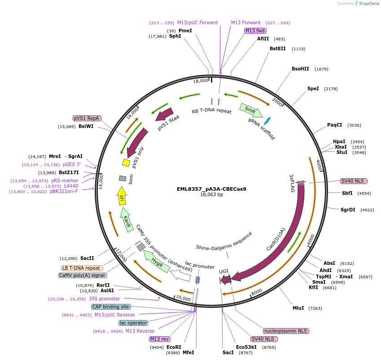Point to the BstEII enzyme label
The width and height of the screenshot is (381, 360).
point(277,48)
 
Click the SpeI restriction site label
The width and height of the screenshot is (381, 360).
point(313,88)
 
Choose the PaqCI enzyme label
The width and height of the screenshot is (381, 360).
point(334,125)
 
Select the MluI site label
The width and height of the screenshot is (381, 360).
point(298,308)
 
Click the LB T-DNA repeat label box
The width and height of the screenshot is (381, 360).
point(81,268)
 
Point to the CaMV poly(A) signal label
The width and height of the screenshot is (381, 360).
point(83,275)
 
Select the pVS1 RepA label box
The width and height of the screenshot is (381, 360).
point(87,118)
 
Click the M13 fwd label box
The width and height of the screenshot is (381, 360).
point(255,31)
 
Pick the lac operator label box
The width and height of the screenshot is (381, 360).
point(133,323)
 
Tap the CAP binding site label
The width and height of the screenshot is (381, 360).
point(111,307)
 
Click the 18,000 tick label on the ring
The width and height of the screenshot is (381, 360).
point(201,81)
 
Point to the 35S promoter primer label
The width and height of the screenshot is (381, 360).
point(104,299)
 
